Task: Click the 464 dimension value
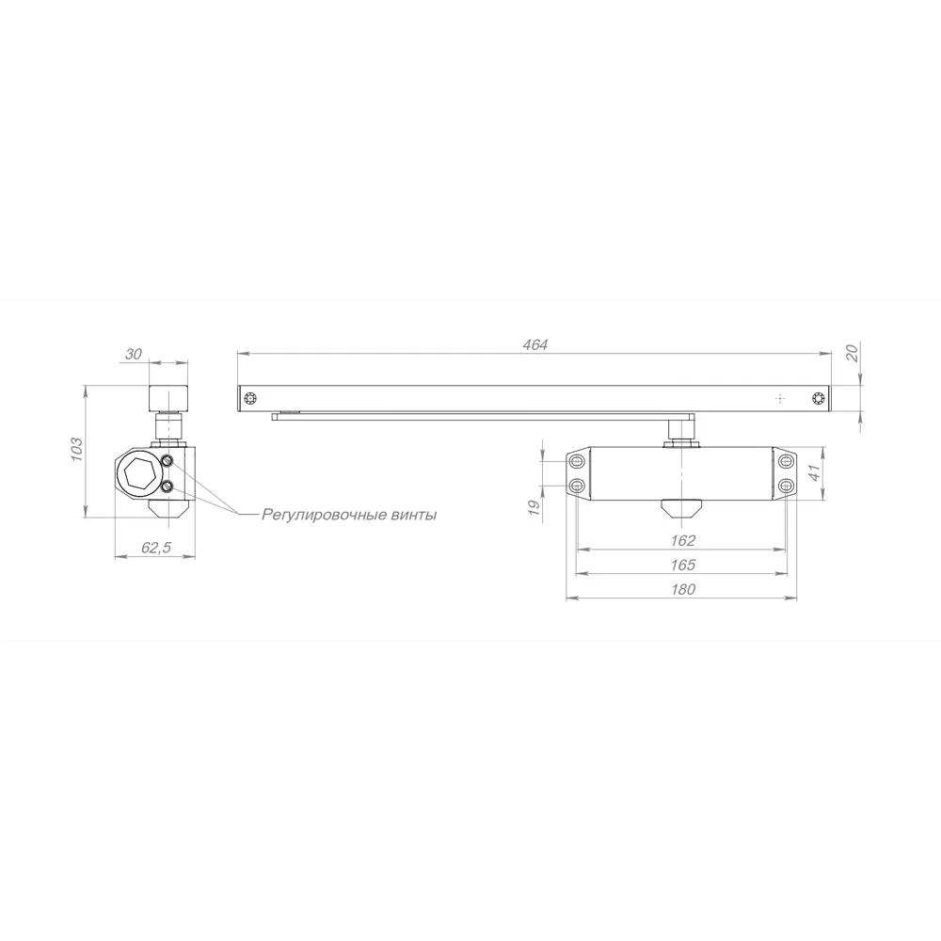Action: coord(534,345)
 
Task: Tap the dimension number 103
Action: coord(78,448)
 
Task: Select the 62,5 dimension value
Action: coord(155,549)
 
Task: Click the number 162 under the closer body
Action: coord(683,540)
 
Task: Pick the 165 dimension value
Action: coord(683,565)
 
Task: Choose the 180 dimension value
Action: coord(683,589)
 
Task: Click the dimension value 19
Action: coord(533,508)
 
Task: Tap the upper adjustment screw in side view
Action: coord(167,460)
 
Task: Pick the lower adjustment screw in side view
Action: coord(167,486)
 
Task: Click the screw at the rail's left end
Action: coord(248,399)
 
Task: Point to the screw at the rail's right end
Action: coord(819,399)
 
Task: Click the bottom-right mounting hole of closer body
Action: coord(787,485)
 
